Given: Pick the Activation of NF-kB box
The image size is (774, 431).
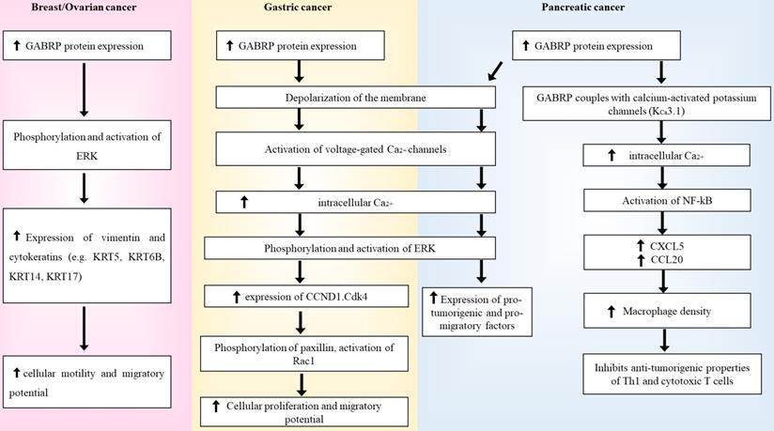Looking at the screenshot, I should tap(665, 198).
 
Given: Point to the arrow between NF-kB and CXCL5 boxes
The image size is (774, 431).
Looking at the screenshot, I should tap(665, 221).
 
